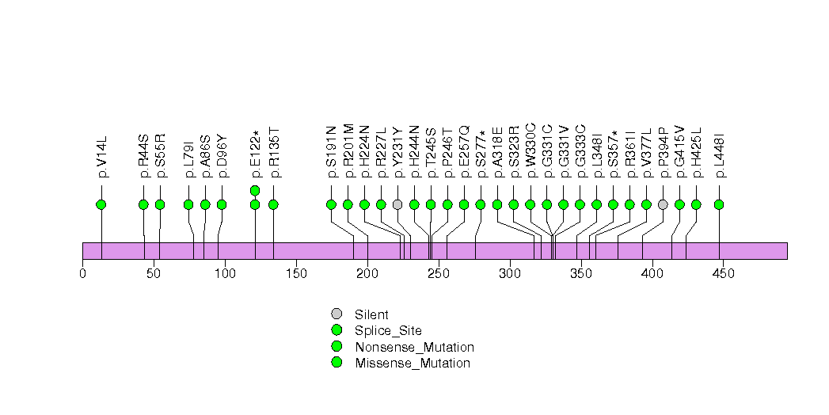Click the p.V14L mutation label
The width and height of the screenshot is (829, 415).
point(101,156)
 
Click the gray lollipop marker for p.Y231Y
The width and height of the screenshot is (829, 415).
point(397,204)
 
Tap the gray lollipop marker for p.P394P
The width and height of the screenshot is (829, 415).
point(663,204)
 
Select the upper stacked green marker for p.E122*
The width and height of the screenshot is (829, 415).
point(255,190)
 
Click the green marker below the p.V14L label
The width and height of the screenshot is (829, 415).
point(101,204)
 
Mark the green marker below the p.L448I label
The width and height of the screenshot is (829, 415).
point(719,204)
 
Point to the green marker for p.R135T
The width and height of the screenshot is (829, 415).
point(273,204)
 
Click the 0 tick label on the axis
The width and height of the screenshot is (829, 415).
point(82,274)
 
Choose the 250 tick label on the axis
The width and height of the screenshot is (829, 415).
point(439,274)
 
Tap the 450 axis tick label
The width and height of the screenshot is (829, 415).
point(724,274)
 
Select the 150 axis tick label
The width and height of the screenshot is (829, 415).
point(296,274)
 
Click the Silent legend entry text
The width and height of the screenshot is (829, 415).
point(371,314)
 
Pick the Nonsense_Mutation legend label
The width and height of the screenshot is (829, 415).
point(414,347)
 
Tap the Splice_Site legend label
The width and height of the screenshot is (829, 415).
point(388,331)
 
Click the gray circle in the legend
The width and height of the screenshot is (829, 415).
point(337,314)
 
